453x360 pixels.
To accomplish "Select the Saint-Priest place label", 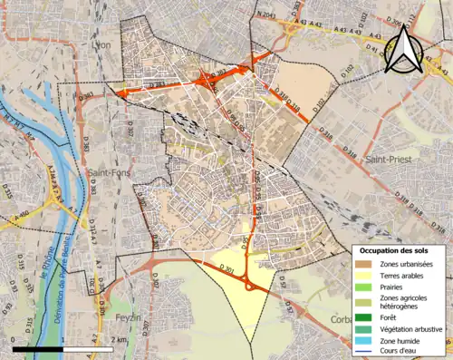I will click(386, 160).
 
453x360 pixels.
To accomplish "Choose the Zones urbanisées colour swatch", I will click(367, 264).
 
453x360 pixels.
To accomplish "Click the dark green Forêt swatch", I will click(367, 316).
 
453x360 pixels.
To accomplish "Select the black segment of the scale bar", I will click(38, 349).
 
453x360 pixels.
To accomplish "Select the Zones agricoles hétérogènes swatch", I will click(367, 302).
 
